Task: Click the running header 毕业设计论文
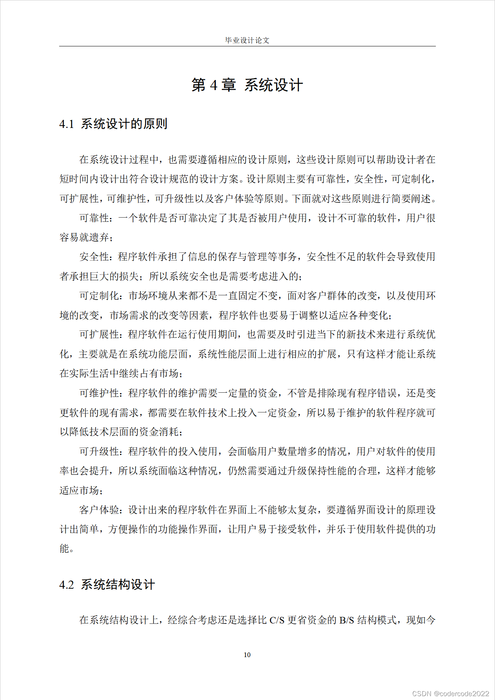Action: (x=247, y=40)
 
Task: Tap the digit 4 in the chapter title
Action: (x=214, y=85)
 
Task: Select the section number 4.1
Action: (x=67, y=124)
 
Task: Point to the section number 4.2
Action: (x=67, y=584)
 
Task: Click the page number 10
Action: (x=247, y=655)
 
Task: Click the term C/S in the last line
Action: (x=277, y=620)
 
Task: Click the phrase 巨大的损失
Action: (x=114, y=276)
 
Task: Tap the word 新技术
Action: (x=361, y=334)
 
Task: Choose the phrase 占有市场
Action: (x=159, y=373)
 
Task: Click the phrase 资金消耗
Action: (x=159, y=432)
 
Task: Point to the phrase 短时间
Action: (x=74, y=179)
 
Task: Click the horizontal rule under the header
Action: (x=247, y=46)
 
